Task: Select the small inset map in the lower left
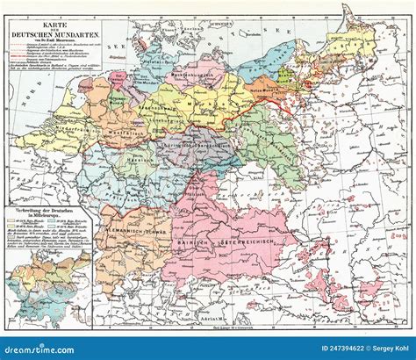[46, 281]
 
